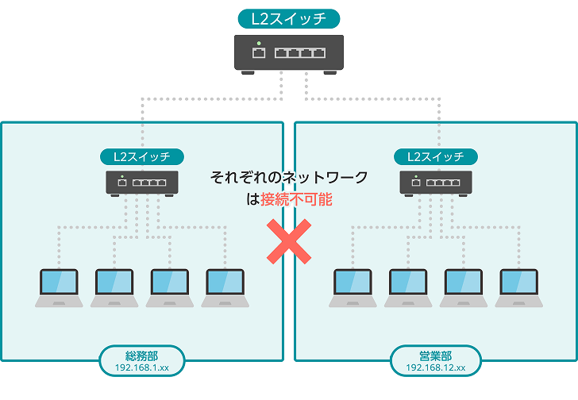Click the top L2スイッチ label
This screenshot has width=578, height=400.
[x=289, y=18]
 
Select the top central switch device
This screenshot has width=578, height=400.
[x=289, y=54]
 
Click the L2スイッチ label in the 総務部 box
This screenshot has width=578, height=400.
[x=143, y=156]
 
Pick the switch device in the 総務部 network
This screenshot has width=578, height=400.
[x=143, y=183]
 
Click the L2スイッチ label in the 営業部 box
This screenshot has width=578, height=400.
[x=437, y=156]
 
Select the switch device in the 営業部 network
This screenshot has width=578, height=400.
[x=437, y=183]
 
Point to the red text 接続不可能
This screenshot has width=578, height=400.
[x=296, y=199]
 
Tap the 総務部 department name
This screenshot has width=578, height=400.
[x=143, y=356]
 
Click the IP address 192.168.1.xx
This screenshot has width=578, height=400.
[x=143, y=368]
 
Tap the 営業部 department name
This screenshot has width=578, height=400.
[x=435, y=356]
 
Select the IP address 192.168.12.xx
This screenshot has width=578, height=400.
[x=435, y=368]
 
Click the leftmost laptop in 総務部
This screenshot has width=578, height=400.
[x=60, y=287]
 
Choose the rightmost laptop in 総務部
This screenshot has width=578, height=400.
[x=226, y=287]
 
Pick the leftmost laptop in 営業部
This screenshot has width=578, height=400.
[x=353, y=287]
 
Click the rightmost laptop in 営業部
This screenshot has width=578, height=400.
[x=520, y=287]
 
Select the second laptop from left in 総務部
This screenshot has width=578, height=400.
[x=115, y=287]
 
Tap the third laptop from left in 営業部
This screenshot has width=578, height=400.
[x=464, y=287]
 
